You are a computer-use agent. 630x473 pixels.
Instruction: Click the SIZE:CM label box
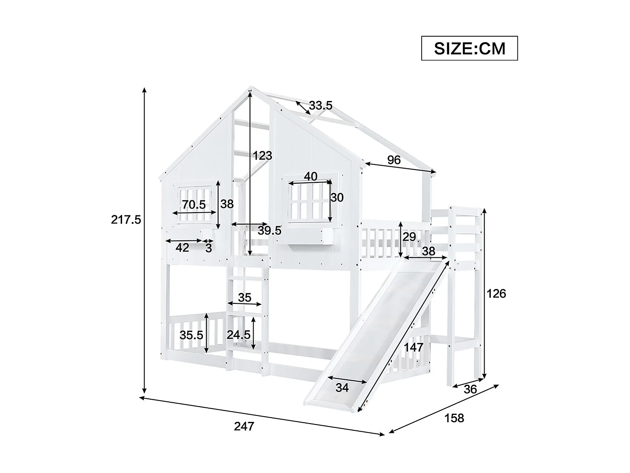(469, 48)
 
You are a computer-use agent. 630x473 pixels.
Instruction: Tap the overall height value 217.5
(126, 220)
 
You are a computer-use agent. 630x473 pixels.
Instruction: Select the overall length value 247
(244, 426)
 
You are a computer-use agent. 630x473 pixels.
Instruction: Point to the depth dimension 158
(454, 418)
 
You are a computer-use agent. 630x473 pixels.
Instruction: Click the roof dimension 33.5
(321, 105)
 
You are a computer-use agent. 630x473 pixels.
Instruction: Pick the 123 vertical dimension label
(262, 156)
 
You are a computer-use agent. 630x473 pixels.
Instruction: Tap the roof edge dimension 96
(394, 160)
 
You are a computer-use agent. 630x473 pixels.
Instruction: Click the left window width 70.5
(194, 205)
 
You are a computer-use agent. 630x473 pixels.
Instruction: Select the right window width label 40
(311, 176)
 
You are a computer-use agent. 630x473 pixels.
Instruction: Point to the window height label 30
(337, 197)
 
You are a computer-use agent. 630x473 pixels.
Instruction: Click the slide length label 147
(414, 347)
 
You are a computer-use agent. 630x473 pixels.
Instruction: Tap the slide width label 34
(342, 388)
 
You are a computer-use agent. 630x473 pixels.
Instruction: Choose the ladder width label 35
(245, 297)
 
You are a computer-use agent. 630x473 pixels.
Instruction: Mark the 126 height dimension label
(496, 293)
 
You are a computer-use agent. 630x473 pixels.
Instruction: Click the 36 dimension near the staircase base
(470, 389)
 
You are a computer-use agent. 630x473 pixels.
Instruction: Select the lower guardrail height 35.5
(191, 335)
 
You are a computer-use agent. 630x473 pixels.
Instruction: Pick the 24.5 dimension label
(238, 335)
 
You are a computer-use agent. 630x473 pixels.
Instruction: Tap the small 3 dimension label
(208, 248)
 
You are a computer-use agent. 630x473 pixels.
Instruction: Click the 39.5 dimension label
(270, 231)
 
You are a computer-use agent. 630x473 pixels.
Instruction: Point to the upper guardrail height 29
(409, 236)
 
